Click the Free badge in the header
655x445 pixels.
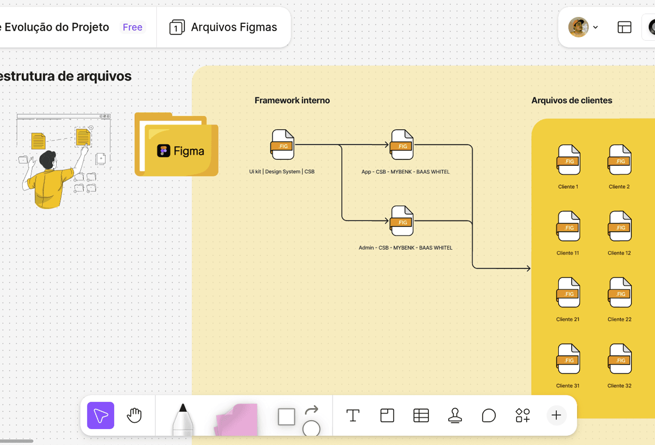(132, 27)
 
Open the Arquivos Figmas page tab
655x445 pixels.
(223, 27)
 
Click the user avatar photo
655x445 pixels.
(578, 27)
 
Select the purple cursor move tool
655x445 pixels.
(101, 415)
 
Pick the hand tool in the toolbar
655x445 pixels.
(134, 415)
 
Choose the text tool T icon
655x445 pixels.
(353, 415)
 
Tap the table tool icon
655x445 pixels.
(421, 415)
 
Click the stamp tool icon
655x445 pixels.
(455, 415)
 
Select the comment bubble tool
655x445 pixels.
(488, 415)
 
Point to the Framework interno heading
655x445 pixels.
(292, 100)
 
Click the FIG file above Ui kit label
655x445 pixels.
(283, 144)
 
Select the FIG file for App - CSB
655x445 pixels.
(402, 144)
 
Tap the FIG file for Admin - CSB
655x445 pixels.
(402, 221)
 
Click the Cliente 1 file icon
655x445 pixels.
(568, 160)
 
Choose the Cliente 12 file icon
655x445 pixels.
(620, 226)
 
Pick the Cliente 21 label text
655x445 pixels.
(568, 319)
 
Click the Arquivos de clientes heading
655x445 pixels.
(571, 100)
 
